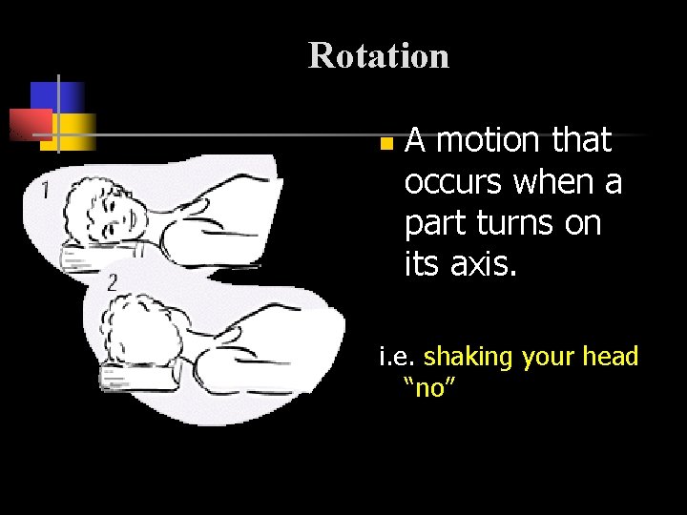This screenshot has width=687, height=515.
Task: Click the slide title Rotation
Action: coord(378,56)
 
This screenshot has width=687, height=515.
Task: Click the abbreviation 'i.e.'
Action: coord(398,357)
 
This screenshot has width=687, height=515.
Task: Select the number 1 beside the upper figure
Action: coord(46,189)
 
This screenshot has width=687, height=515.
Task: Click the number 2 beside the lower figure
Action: coord(113,281)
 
